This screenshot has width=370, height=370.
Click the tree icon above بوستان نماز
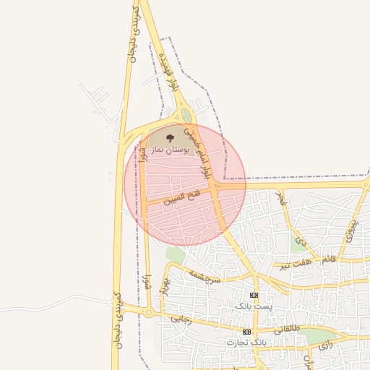[x=171, y=137]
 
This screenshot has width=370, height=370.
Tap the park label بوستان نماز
[x=171, y=150]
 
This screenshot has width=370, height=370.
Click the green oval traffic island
[x=187, y=116]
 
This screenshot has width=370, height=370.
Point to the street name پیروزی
[x=351, y=230]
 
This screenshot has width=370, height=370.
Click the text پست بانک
[x=254, y=306]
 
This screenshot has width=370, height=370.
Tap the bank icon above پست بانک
[x=254, y=296]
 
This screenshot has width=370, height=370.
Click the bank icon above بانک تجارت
[x=247, y=331]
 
